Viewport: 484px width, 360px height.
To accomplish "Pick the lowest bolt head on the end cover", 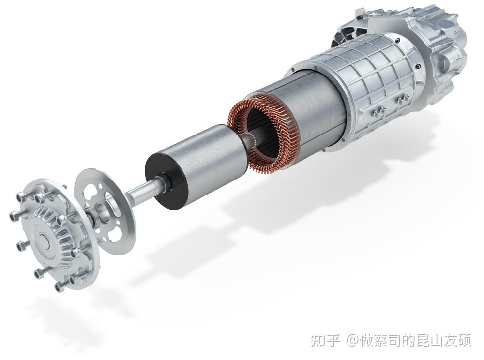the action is (x=58, y=287).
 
